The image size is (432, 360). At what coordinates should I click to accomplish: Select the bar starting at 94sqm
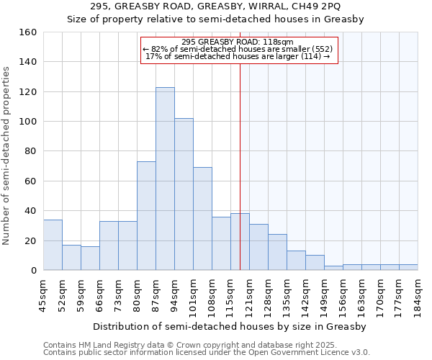coord(184,194)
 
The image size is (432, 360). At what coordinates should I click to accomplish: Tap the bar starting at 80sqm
coord(146,216)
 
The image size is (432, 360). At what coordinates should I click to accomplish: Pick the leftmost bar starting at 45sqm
coord(53,245)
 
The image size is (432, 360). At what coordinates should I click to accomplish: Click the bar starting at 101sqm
coord(202,219)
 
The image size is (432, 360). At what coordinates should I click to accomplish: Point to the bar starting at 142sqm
coord(315,263)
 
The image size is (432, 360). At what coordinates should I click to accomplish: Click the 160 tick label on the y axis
coord(27,32)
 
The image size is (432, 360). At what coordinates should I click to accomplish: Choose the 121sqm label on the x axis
coord(249,297)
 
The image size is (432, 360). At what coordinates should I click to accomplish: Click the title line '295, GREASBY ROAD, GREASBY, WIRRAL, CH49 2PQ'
coord(216,6)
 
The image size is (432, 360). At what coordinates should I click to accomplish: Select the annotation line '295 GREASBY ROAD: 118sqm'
coord(238,42)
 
